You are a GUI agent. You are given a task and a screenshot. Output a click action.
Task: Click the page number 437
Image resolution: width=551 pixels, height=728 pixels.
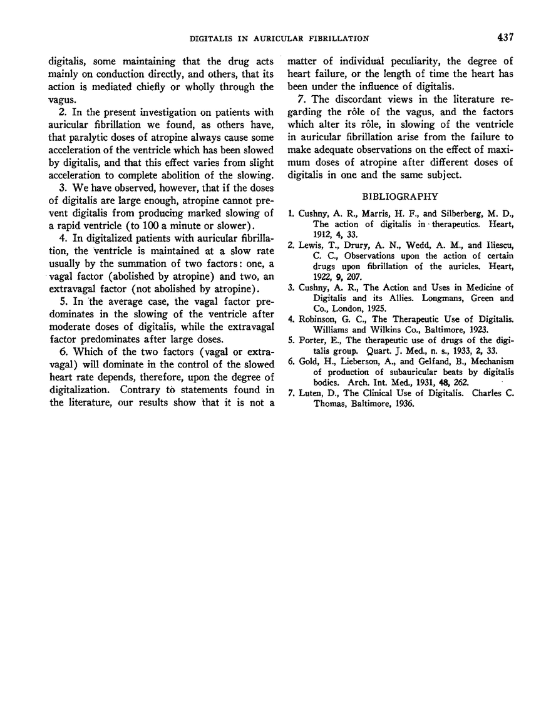(x=505, y=38)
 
